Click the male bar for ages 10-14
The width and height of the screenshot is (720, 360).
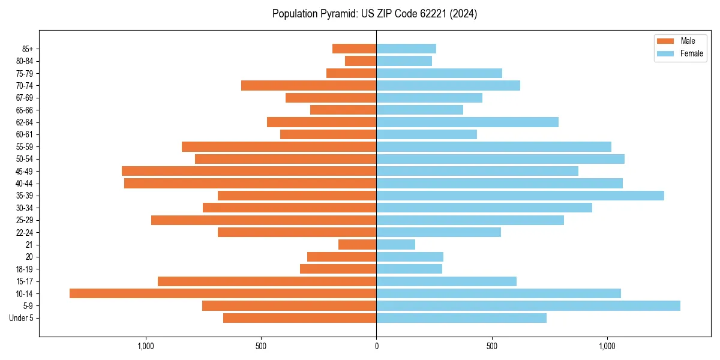(x=223, y=293)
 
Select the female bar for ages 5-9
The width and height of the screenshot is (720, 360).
(x=528, y=305)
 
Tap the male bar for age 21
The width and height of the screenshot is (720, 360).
(x=358, y=244)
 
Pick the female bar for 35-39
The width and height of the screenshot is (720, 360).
(x=520, y=196)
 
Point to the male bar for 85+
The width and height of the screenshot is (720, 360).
(x=355, y=49)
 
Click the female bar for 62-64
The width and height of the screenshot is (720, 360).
(x=467, y=122)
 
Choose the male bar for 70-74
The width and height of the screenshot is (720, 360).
(x=308, y=85)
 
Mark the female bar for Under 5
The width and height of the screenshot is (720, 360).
(x=461, y=318)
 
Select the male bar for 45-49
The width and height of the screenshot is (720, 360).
(x=249, y=171)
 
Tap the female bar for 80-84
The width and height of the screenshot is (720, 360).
(x=404, y=61)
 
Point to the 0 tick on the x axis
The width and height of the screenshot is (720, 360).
(x=376, y=346)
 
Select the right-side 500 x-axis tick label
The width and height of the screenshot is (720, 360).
(x=492, y=346)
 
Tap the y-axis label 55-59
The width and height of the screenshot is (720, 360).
(x=25, y=146)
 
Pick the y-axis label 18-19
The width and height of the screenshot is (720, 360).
(x=25, y=269)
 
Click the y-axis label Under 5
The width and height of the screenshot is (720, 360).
(x=22, y=318)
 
